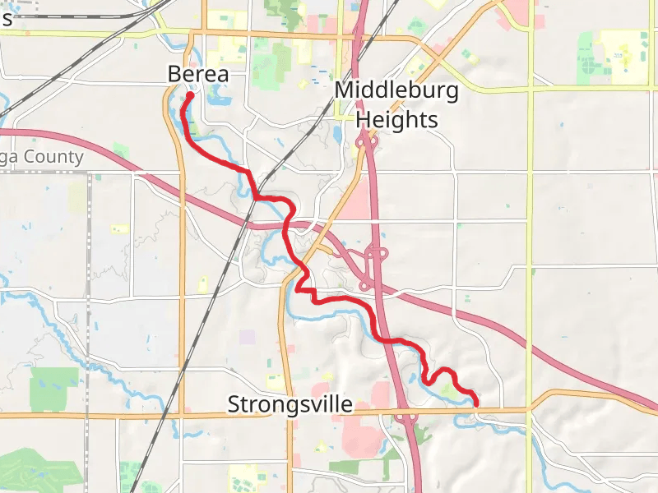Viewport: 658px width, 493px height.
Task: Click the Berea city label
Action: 197,74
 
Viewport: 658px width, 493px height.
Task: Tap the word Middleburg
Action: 396,90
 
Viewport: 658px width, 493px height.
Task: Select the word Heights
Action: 396,119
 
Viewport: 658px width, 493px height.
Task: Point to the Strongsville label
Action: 290,404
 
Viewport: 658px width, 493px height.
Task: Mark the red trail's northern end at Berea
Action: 189,95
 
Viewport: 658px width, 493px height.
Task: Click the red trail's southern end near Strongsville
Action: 475,402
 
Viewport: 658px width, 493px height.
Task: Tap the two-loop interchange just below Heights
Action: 365,145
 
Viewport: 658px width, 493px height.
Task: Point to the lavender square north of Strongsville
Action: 247,337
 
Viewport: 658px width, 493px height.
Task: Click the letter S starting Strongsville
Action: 234,404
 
